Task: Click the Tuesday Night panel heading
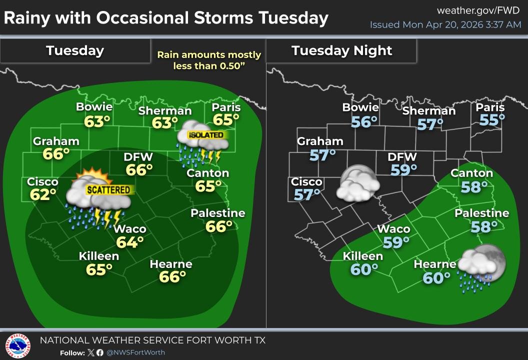[342, 50]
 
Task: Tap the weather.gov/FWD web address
[479, 10]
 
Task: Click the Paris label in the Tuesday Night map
[490, 107]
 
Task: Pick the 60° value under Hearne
[433, 277]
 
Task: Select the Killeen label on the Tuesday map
[99, 256]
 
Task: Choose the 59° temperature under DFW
[403, 170]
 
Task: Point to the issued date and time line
[445, 24]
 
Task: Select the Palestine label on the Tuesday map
[218, 213]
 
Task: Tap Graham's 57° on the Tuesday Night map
[322, 155]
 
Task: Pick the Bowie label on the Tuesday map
[94, 106]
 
